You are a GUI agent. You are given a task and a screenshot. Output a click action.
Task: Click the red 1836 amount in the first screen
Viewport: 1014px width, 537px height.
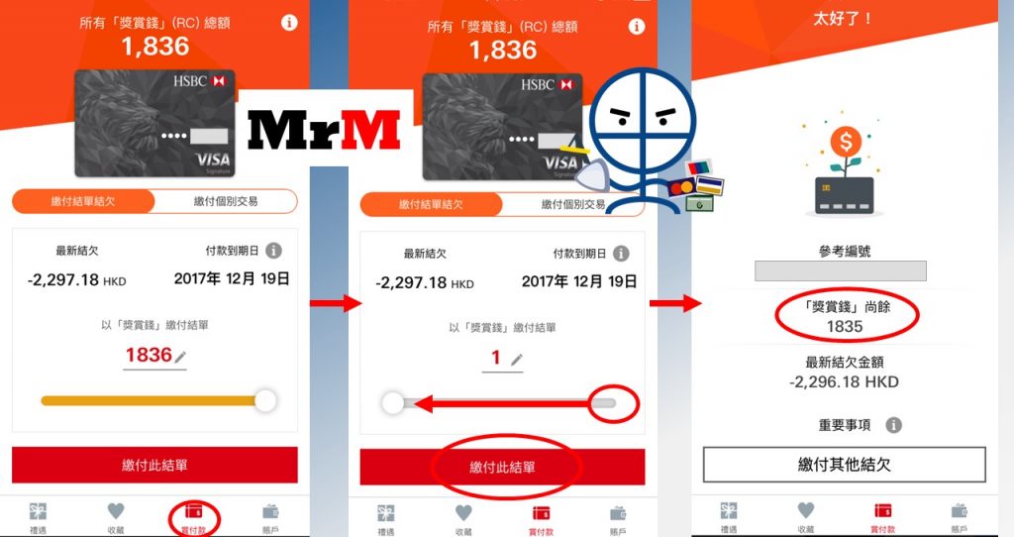(149, 355)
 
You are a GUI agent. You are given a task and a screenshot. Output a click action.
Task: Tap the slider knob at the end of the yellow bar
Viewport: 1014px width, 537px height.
(265, 400)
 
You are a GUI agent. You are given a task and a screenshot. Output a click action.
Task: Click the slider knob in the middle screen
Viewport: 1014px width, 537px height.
(392, 403)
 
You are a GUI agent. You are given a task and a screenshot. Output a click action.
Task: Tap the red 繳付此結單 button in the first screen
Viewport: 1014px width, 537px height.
(154, 465)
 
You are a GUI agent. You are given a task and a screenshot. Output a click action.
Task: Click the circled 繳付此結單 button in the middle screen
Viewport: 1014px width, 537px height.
(502, 467)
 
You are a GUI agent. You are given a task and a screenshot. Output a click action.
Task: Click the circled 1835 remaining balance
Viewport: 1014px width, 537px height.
(845, 327)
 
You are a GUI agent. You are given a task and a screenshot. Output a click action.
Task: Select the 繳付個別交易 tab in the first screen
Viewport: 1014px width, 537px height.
(226, 201)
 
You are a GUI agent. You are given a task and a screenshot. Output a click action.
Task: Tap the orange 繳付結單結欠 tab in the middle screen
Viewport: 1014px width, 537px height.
(431, 204)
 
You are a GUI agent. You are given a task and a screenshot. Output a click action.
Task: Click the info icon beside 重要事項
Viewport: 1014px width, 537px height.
(894, 425)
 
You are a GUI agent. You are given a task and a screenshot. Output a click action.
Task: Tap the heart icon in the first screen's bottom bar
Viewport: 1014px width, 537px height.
(116, 511)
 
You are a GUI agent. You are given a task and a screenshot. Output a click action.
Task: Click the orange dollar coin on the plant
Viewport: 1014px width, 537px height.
(846, 141)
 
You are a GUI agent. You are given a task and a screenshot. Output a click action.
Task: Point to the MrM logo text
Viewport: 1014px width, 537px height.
(324, 130)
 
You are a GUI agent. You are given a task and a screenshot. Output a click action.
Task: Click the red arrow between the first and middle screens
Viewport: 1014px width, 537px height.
(336, 303)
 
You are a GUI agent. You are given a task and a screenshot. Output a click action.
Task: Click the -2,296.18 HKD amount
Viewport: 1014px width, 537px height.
(844, 381)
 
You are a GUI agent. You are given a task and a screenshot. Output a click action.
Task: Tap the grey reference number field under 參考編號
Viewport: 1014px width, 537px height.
(841, 270)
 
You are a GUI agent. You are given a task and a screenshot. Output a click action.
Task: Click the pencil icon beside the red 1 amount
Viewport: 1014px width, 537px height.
(516, 360)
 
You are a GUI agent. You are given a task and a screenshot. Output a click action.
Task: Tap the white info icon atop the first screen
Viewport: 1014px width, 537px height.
(289, 23)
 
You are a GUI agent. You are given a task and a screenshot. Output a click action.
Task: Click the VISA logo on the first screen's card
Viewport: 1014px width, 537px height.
(214, 160)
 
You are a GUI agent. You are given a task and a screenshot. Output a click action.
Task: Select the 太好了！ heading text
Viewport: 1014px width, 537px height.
(843, 18)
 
